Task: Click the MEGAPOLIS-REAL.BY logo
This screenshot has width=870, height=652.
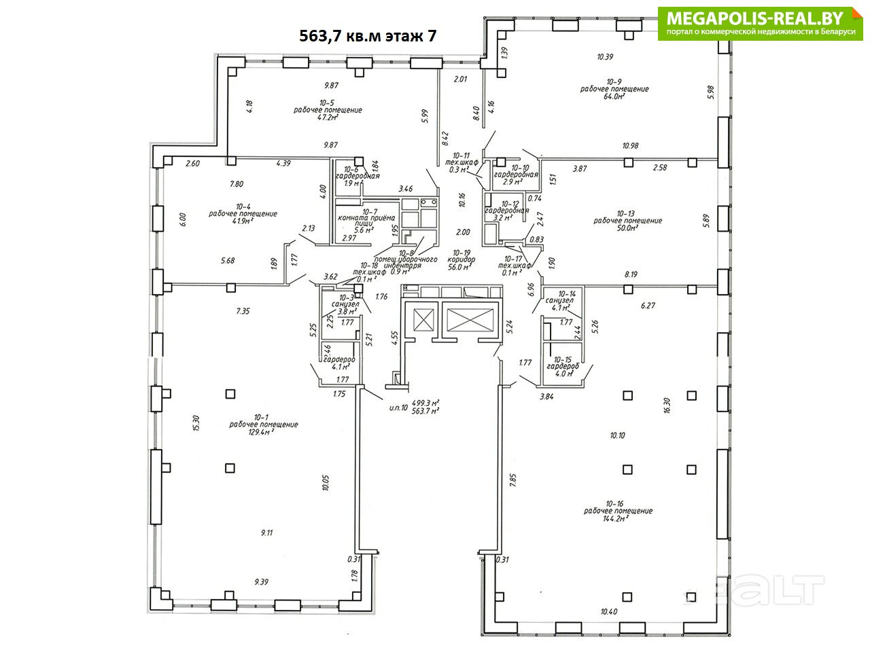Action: tap(759, 24)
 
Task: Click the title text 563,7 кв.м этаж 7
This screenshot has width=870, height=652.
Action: tap(368, 37)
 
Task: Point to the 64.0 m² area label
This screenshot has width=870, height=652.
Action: tap(614, 96)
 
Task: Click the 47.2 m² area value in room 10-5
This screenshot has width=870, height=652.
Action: tap(328, 117)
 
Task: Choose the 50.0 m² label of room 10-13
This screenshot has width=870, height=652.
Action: tap(627, 228)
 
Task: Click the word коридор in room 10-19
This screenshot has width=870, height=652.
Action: tap(462, 259)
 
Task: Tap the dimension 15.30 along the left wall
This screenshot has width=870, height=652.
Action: tap(196, 423)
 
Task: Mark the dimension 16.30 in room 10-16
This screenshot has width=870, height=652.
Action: tap(667, 405)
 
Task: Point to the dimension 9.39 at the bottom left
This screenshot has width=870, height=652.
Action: tap(262, 581)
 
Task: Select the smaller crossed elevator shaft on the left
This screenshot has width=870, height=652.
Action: tap(423, 320)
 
